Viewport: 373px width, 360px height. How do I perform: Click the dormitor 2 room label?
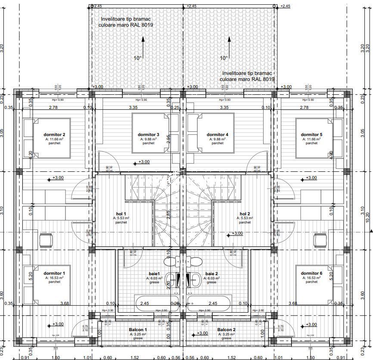pyautogui.click(x=55, y=134)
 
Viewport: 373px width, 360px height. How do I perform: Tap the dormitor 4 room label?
pyautogui.click(x=218, y=134)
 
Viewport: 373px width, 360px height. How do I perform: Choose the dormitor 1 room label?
pyautogui.click(x=55, y=273)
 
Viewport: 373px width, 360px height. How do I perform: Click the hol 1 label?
pyautogui.click(x=121, y=214)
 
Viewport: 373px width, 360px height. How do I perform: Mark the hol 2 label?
pyautogui.click(x=245, y=214)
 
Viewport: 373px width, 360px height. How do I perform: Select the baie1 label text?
pyautogui.click(x=155, y=274)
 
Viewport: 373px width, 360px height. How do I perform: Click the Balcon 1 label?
pyautogui.click(x=138, y=330)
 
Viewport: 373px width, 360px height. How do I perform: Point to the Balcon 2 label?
pyautogui.click(x=227, y=330)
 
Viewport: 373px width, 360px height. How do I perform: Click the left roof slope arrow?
pyautogui.click(x=143, y=47)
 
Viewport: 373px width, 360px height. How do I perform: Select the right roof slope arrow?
pyautogui.click(x=229, y=47)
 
